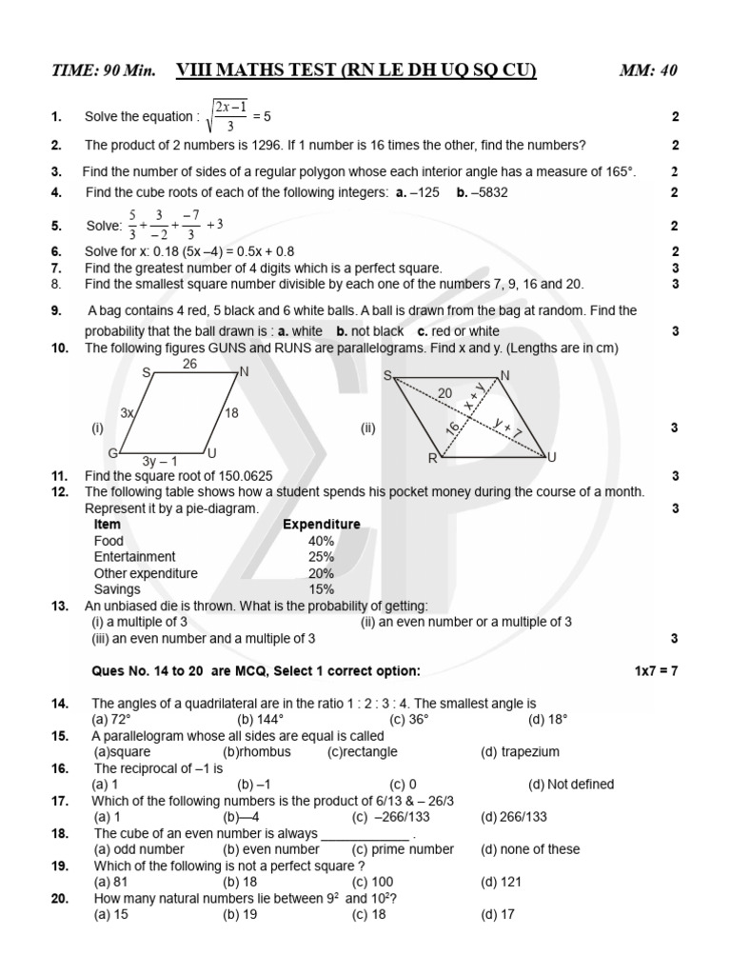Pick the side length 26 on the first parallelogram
pyautogui.click(x=189, y=364)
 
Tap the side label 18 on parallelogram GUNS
pyautogui.click(x=231, y=412)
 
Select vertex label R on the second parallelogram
pyautogui.click(x=432, y=459)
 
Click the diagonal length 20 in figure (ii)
pyautogui.click(x=445, y=392)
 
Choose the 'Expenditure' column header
pyautogui.click(x=321, y=525)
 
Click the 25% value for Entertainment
pyautogui.click(x=321, y=557)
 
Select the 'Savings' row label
pyautogui.click(x=118, y=589)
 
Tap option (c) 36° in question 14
pyautogui.click(x=374, y=719)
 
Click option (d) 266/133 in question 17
pyautogui.click(x=514, y=817)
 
